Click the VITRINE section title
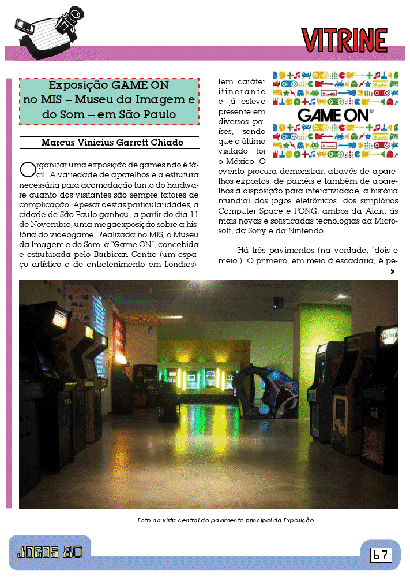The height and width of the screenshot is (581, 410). pyautogui.click(x=344, y=40)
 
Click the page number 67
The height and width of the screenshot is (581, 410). pyautogui.click(x=381, y=555)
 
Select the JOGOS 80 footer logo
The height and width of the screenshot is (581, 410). pyautogui.click(x=50, y=552)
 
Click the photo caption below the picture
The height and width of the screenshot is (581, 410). pyautogui.click(x=225, y=520)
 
